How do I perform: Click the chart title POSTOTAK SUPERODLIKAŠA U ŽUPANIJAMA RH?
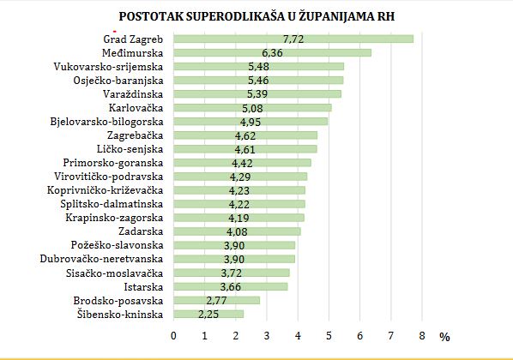coord(258,16)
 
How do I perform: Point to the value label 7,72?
coord(293,39)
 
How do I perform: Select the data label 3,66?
coord(230,286)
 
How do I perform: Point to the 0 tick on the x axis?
coord(173,335)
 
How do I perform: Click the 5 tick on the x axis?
coord(329,335)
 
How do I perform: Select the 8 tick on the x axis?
coord(422,335)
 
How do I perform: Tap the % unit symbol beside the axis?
coord(444,337)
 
